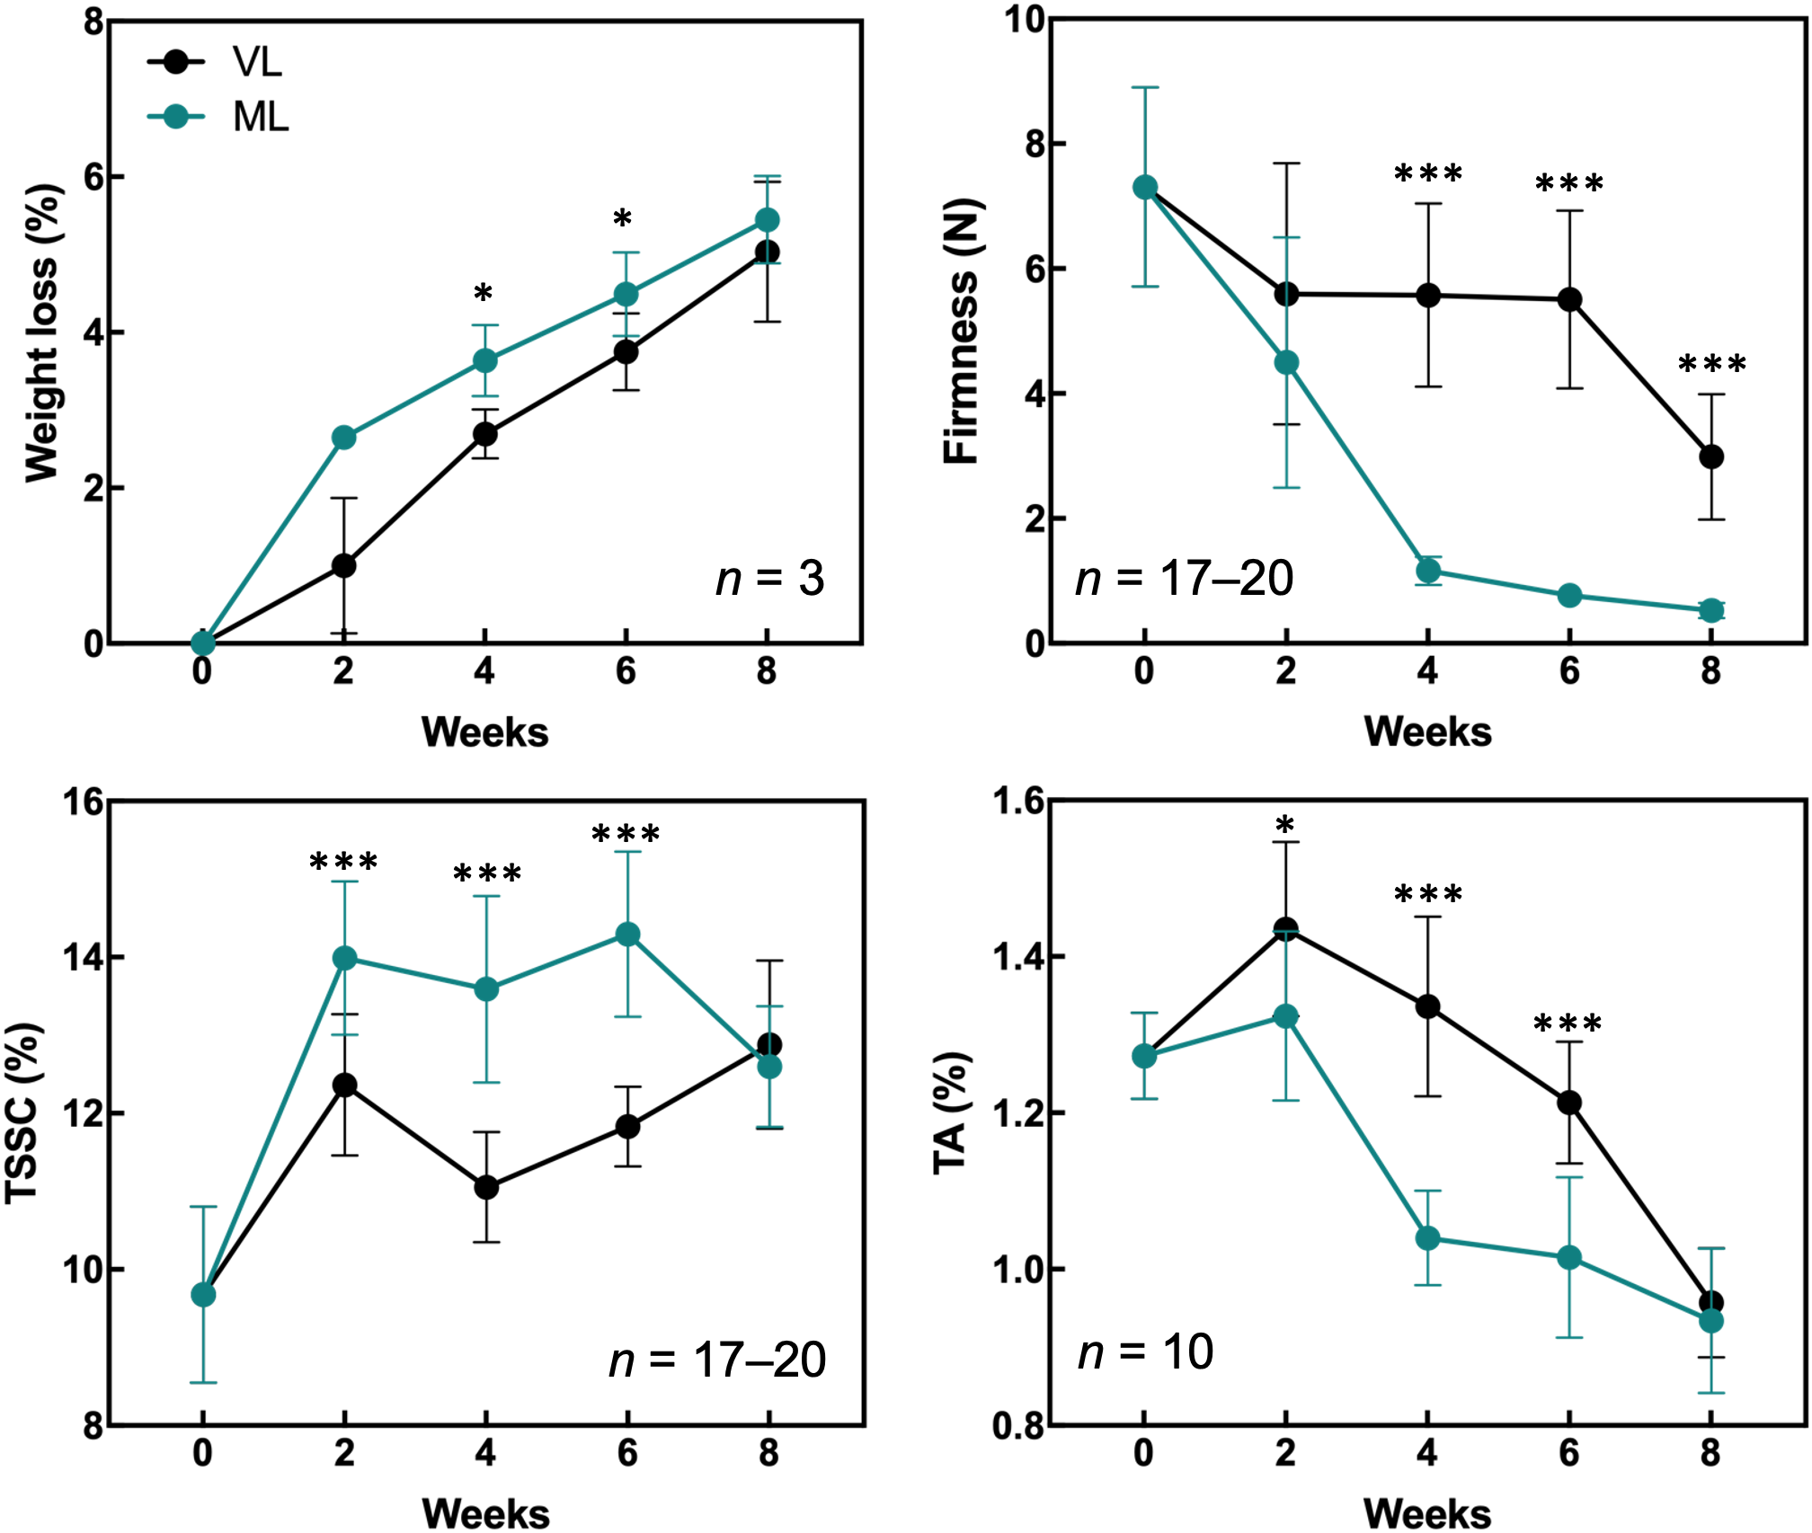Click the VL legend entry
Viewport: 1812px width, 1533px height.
[216, 62]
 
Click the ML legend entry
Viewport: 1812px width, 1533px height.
[218, 118]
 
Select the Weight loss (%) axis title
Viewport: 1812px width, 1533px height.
[41, 332]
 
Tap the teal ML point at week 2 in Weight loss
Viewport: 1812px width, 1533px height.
[343, 438]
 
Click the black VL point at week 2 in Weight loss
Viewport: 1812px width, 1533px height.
[343, 565]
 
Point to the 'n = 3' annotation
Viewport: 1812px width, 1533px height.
[769, 578]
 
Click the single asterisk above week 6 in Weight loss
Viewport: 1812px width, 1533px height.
[623, 218]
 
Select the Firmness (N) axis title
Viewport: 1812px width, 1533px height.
[962, 331]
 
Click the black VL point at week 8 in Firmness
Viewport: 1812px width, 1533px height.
[1711, 456]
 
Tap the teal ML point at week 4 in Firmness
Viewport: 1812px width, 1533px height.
[1428, 571]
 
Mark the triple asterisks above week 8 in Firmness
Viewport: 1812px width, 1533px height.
[1711, 365]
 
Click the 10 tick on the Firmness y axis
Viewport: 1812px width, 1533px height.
[1024, 19]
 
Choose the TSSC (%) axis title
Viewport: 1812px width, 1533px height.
[23, 1112]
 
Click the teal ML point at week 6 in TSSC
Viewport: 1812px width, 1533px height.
[627, 935]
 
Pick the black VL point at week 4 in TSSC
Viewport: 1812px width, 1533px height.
[486, 1187]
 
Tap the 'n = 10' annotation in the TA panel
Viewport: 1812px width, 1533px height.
[1145, 1351]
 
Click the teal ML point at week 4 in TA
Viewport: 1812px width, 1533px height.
[1428, 1238]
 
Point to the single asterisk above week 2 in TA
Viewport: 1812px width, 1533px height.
[1285, 824]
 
